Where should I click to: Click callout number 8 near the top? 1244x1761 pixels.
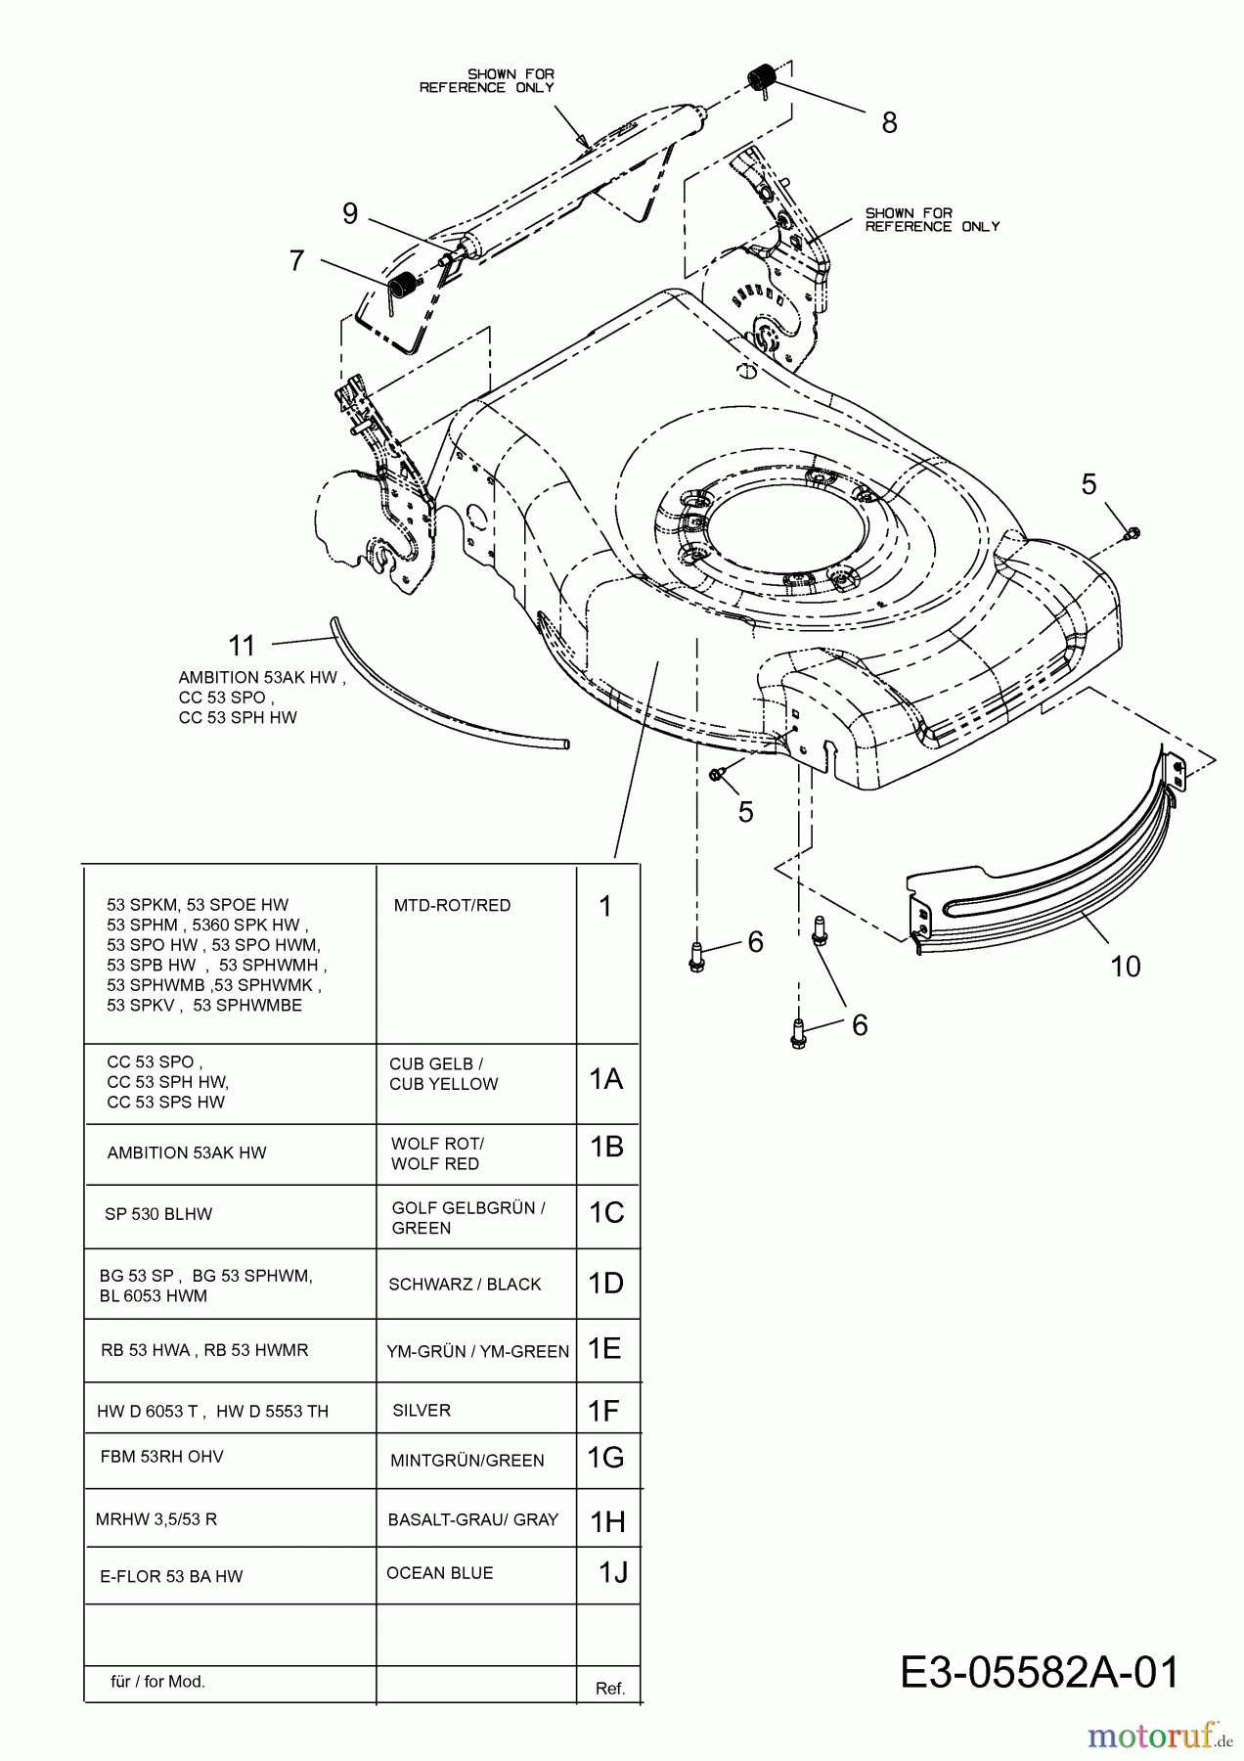point(889,123)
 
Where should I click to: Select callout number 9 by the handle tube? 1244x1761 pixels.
point(350,213)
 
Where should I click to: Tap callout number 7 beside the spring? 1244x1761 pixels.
point(297,261)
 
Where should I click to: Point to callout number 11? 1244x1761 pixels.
point(242,646)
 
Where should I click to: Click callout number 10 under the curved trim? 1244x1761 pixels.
point(1126,967)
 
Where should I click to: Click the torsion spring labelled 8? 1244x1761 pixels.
point(762,78)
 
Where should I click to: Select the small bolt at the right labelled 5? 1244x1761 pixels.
point(1133,533)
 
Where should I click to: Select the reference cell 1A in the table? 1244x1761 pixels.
point(606,1079)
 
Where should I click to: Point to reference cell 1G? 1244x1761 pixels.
point(606,1458)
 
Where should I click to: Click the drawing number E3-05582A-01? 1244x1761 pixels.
point(1040,1673)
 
